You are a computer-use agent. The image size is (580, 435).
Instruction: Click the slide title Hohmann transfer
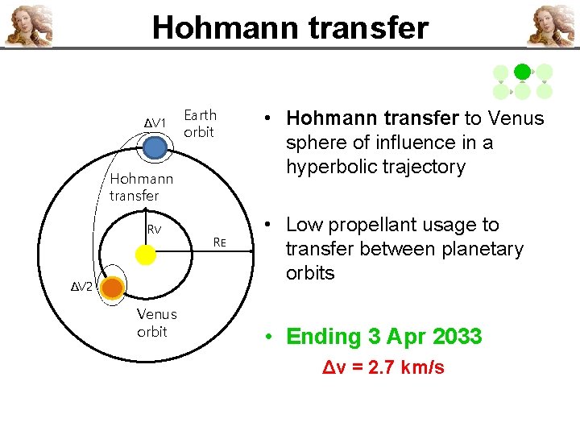click(290, 27)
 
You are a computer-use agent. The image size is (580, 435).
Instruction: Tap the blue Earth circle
click(155, 147)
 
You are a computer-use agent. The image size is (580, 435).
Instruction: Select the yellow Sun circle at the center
click(145, 255)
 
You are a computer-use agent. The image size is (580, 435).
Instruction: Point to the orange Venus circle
click(112, 288)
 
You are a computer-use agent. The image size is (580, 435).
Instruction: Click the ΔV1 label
click(155, 122)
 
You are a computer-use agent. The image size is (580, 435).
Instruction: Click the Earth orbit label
click(200, 123)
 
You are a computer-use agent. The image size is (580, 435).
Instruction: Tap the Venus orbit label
click(156, 322)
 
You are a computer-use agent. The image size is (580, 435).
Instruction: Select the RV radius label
click(154, 230)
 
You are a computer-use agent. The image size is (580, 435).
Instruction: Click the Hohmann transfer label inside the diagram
click(141, 187)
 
